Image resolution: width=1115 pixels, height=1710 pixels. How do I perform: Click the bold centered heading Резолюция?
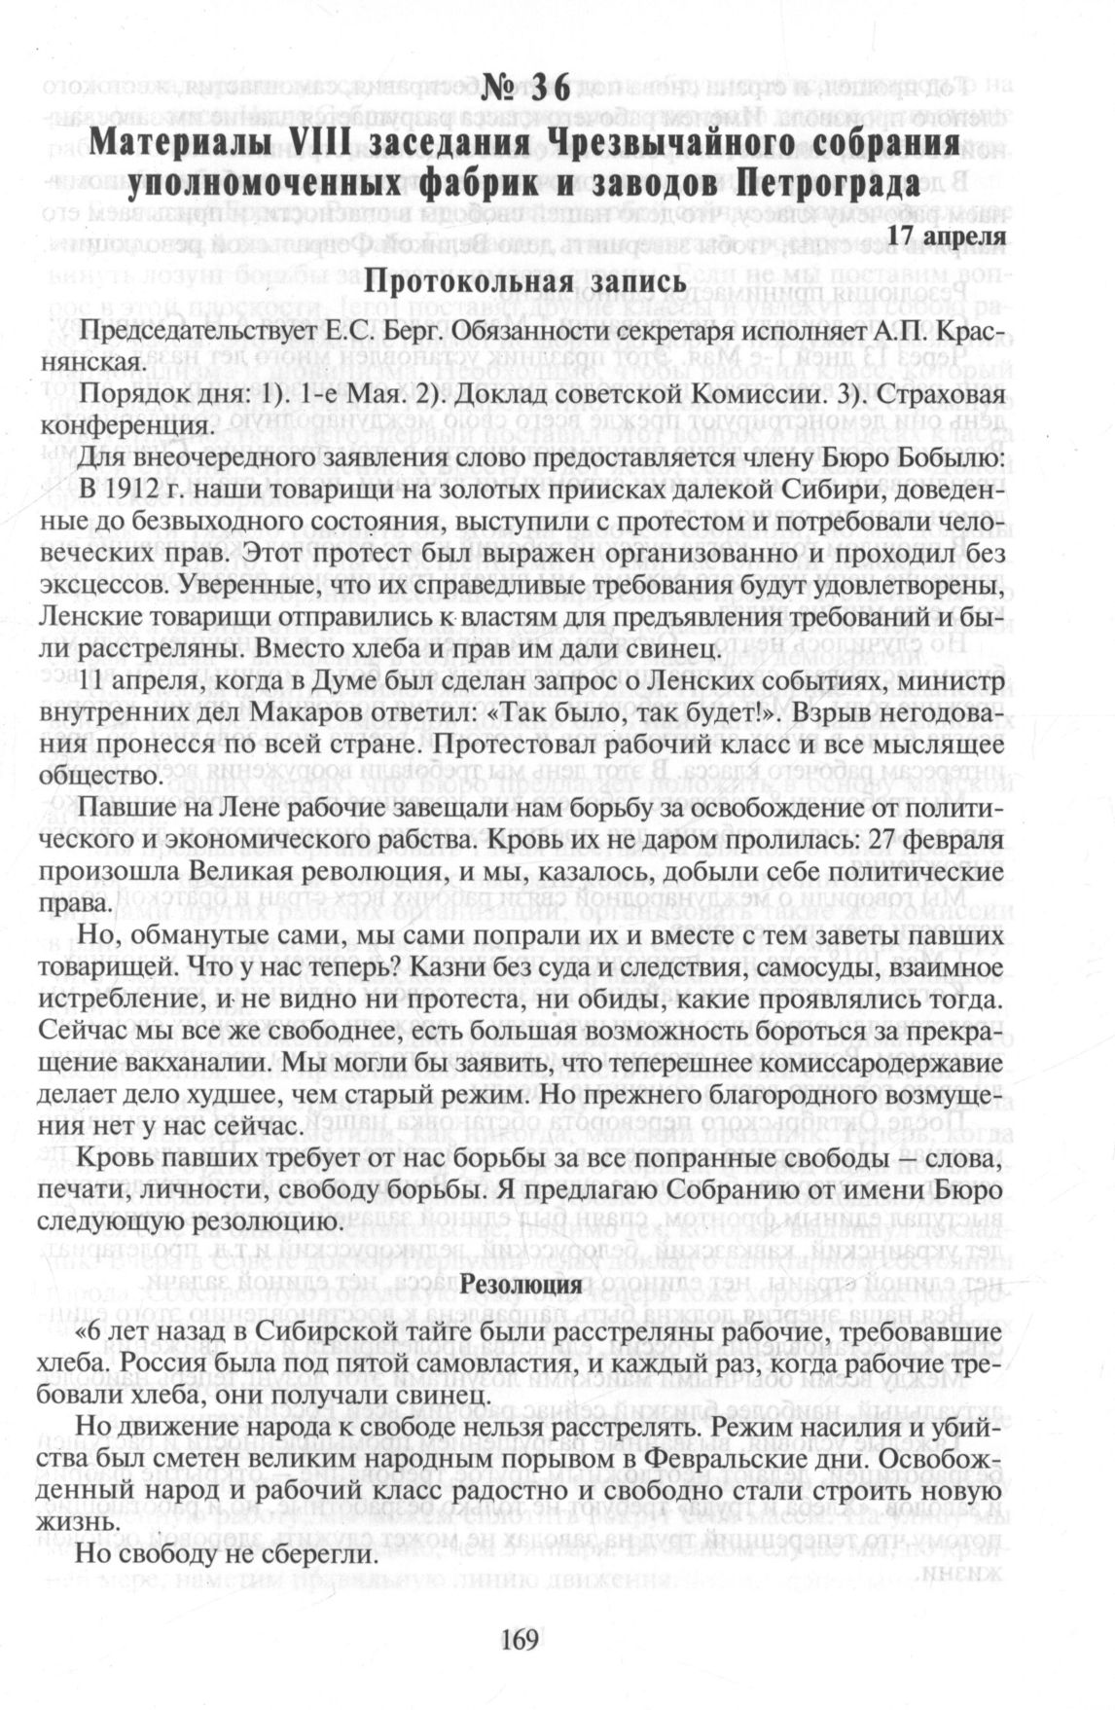tap(526, 1285)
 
